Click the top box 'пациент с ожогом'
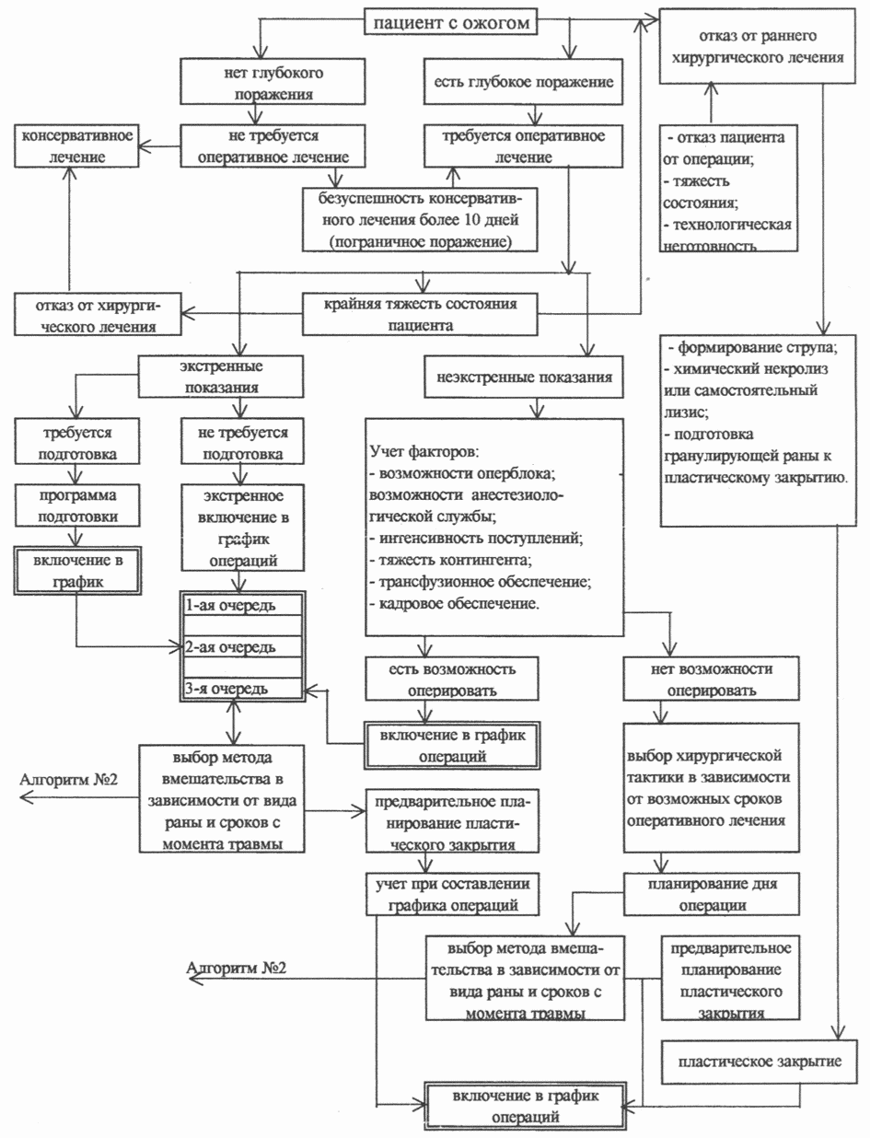click(450, 22)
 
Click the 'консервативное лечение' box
click(76, 145)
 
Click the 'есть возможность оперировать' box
click(450, 677)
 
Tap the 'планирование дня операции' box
click(709, 893)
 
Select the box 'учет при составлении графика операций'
click(450, 894)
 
